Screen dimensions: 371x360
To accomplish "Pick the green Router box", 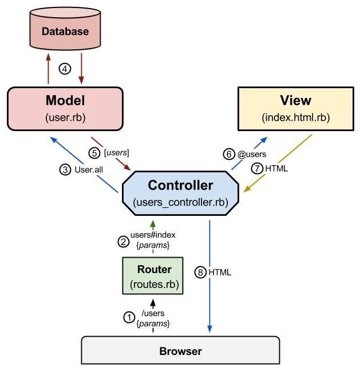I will (x=154, y=276).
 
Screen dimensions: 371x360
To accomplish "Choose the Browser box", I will (x=180, y=350).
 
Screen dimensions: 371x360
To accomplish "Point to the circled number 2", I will (x=123, y=241).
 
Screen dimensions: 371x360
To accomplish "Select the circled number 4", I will (x=66, y=69).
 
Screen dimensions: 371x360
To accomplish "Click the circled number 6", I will (x=228, y=155).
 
